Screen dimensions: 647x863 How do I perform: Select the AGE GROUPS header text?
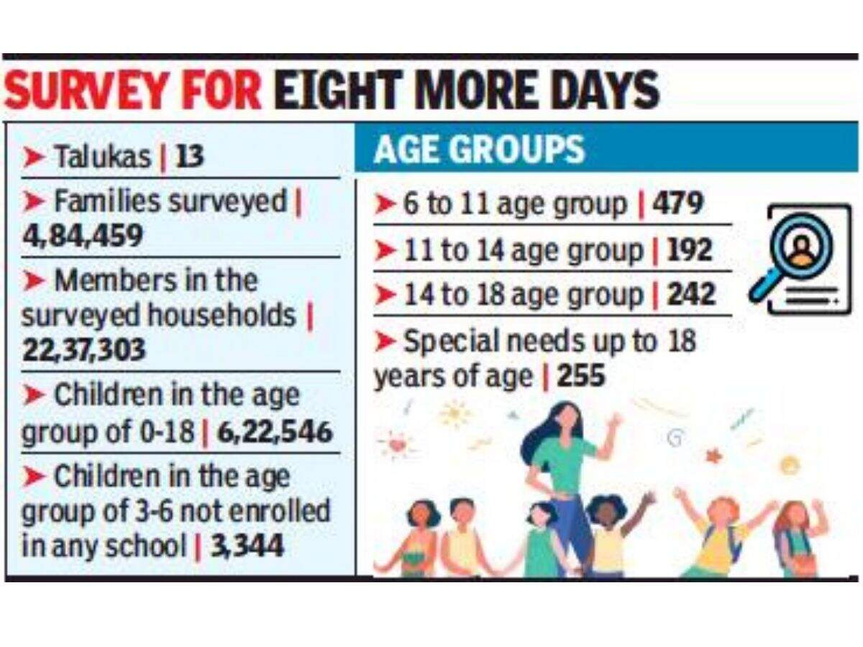[x=479, y=150]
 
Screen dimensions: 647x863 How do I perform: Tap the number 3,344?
[x=247, y=546]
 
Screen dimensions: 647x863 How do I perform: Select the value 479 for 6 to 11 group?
[x=677, y=206]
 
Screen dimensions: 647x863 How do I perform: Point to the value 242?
[x=691, y=295]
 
